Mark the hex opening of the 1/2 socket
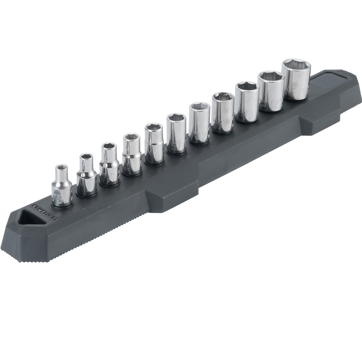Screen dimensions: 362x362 click(x=271, y=76)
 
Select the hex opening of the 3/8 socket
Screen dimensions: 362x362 click(x=223, y=96)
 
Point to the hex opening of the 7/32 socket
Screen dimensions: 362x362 click(x=109, y=146)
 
